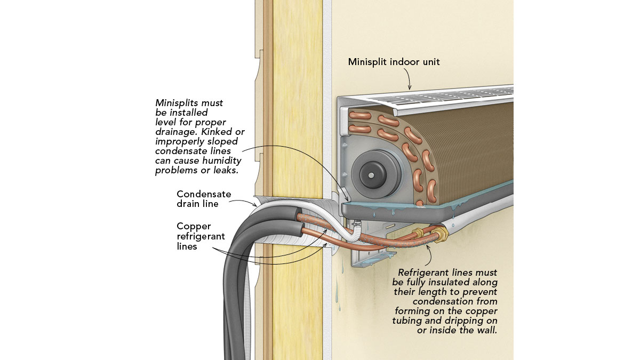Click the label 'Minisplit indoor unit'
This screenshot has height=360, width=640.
(394, 62)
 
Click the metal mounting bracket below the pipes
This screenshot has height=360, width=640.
(368, 259)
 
